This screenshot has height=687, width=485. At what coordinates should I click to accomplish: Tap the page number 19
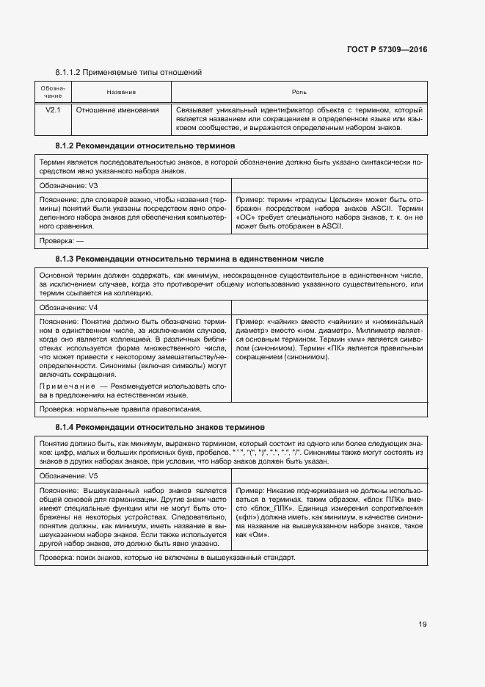point(423,625)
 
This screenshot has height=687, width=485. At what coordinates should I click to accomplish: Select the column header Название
point(121,92)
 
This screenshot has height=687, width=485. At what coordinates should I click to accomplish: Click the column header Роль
point(299,92)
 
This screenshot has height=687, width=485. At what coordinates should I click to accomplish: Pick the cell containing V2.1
point(53,110)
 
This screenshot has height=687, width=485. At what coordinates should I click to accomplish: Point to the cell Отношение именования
point(118,110)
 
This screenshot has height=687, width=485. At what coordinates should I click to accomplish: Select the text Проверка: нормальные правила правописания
point(120,409)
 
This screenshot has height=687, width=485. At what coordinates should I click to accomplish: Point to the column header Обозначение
point(53,92)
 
